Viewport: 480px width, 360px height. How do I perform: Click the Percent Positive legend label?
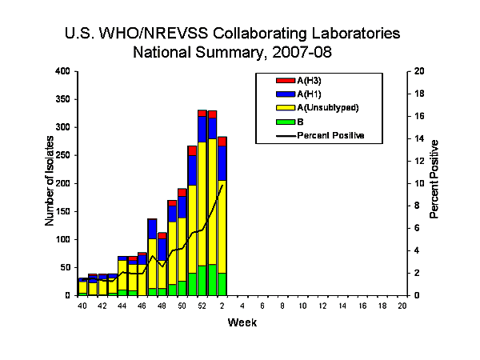(x=330, y=135)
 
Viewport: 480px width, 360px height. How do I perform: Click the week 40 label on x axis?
(x=82, y=306)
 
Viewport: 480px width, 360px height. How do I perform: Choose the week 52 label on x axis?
(x=202, y=306)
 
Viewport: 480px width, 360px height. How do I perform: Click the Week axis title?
(x=242, y=322)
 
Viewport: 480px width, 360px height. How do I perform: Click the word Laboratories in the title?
(x=350, y=35)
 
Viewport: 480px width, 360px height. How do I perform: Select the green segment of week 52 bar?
(x=202, y=280)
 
